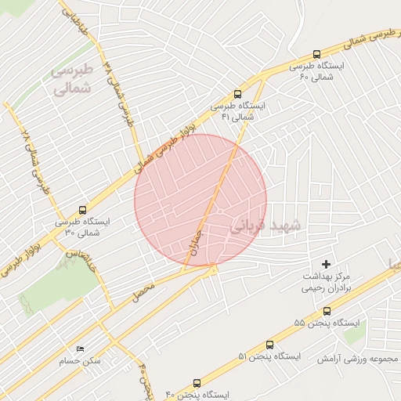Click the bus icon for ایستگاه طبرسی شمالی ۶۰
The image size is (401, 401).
tap(316, 54)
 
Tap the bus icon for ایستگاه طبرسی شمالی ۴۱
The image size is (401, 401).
tap(238, 92)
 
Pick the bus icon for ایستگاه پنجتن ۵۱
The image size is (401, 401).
tap(270, 344)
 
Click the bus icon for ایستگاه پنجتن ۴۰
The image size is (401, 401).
tap(197, 384)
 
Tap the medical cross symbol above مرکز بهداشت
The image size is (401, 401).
tap(327, 265)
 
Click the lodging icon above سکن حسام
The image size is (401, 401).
tap(79, 349)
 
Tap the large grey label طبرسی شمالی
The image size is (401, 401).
tap(71, 78)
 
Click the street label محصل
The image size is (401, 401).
tap(144, 294)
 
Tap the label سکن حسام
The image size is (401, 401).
tap(79, 361)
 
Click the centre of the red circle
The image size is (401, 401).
tap(200, 200)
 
